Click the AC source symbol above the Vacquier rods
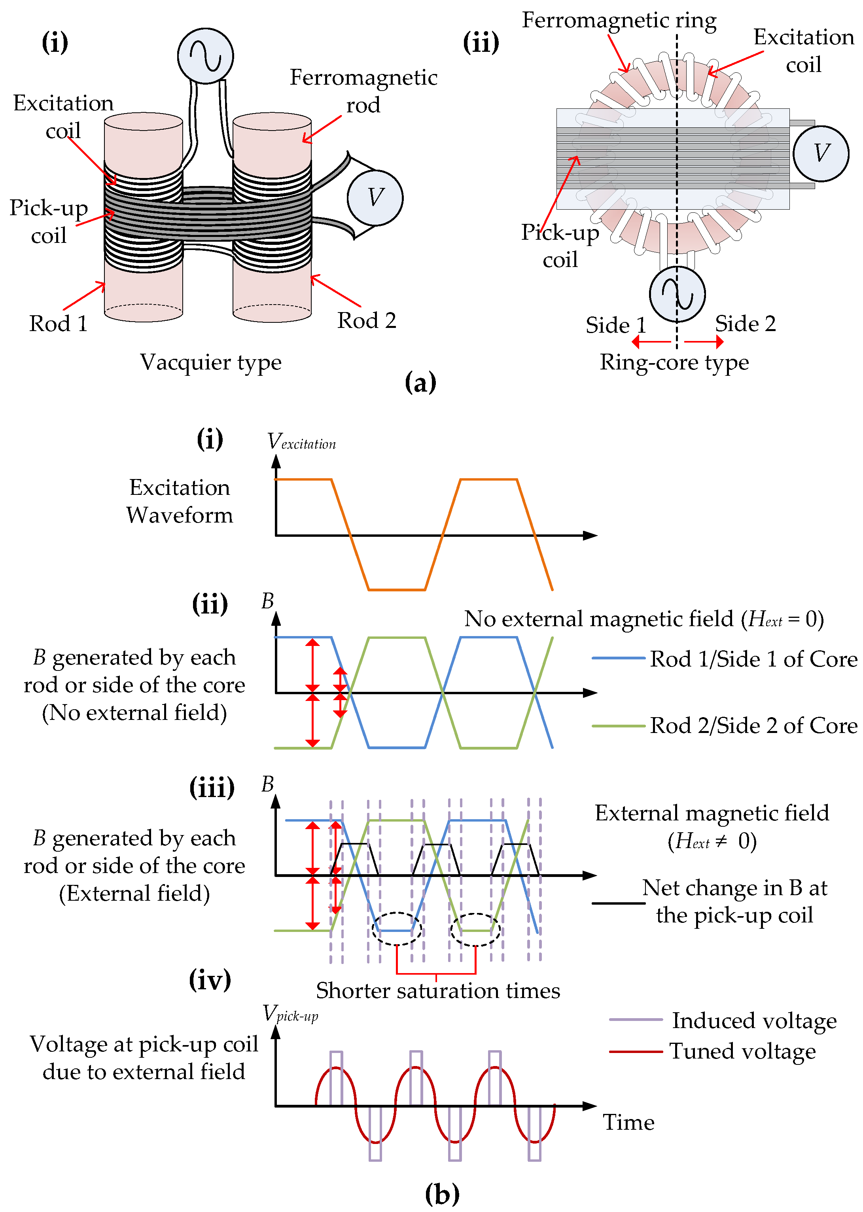click(205, 56)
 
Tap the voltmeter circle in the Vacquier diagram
click(375, 198)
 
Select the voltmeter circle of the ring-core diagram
click(821, 153)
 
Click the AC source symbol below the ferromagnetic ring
click(677, 294)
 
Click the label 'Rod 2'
click(367, 320)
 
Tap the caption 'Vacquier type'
click(211, 363)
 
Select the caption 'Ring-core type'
click(674, 363)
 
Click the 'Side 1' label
click(616, 325)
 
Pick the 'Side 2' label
click(746, 323)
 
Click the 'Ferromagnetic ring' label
click(619, 21)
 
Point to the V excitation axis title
click(301, 441)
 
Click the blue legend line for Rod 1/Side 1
click(619, 658)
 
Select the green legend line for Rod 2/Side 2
click(619, 725)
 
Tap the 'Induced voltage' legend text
click(755, 1021)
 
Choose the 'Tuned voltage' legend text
click(743, 1051)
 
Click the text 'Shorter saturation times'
click(438, 991)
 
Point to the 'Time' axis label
click(628, 1123)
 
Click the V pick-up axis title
click(291, 1014)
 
